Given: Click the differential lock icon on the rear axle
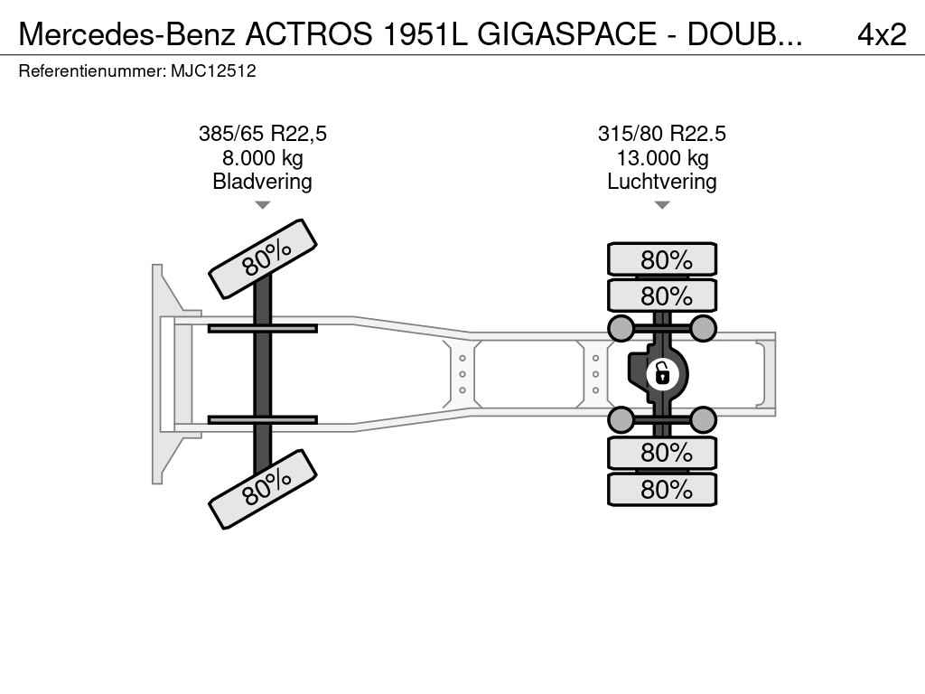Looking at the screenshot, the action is click(x=662, y=374).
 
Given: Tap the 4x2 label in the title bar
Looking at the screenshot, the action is click(x=882, y=34).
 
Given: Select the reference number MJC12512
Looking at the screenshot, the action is click(x=213, y=71).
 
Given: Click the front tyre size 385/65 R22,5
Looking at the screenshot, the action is click(x=263, y=134).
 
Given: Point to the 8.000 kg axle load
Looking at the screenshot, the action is click(x=263, y=158).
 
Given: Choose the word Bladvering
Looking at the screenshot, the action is click(x=263, y=182).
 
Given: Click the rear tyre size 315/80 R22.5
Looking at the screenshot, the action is click(x=662, y=134).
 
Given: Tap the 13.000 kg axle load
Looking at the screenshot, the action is click(x=662, y=158).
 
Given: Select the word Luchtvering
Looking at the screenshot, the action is click(x=662, y=182).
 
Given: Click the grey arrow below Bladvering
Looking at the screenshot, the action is click(x=263, y=205).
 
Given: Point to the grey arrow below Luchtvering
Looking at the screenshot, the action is click(x=662, y=205).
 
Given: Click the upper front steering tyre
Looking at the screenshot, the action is click(x=263, y=258).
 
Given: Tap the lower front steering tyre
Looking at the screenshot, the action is click(x=263, y=489).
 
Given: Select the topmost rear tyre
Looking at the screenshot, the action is click(x=662, y=259).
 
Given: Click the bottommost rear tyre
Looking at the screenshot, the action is click(x=662, y=489).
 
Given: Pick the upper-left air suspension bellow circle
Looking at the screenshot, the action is click(x=621, y=328).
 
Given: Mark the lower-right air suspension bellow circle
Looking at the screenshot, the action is click(x=703, y=420).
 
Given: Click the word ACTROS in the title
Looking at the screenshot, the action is click(x=309, y=34).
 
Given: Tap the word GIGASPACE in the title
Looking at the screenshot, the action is click(x=566, y=34).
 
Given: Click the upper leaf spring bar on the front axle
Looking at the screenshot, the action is click(x=263, y=328).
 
